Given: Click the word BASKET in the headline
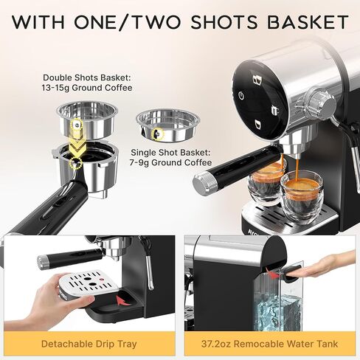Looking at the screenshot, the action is (308, 22).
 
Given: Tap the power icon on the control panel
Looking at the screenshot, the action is (242, 95).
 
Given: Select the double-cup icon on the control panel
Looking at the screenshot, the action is (257, 80).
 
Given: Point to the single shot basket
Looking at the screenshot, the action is (168, 125).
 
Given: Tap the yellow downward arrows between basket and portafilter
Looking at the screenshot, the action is (78, 142).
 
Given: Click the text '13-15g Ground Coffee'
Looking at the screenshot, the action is (87, 88).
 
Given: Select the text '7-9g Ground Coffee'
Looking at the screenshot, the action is (170, 162).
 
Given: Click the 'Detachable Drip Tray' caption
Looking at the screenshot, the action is (89, 344).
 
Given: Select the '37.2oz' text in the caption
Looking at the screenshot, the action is (216, 344).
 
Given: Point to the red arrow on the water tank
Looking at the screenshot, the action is (273, 274).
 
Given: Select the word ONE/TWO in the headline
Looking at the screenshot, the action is (127, 22).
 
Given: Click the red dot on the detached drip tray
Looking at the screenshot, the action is (101, 279).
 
